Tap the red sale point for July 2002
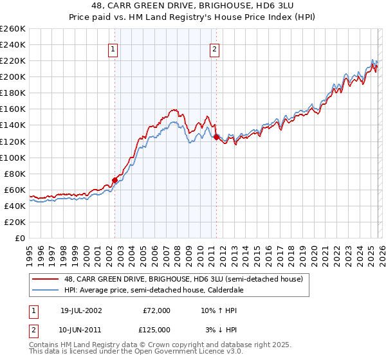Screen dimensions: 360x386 [115, 180]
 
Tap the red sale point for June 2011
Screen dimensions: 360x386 [216, 137]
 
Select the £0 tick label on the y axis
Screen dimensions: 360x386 [19, 238]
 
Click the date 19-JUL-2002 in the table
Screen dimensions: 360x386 [80, 310]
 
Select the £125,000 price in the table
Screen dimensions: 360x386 [156, 330]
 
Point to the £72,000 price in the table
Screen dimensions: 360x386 [156, 310]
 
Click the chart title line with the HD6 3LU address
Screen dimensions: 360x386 [193, 6]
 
